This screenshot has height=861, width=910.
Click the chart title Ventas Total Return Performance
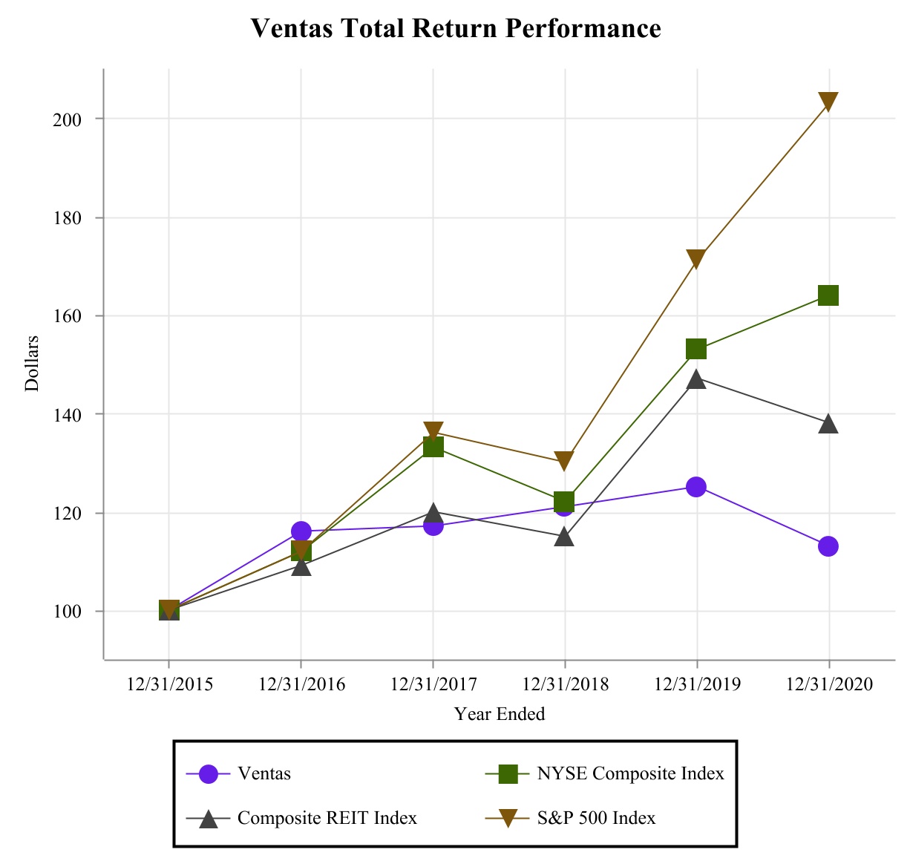pyautogui.click(x=455, y=29)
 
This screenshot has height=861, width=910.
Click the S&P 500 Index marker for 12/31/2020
pyautogui.click(x=828, y=102)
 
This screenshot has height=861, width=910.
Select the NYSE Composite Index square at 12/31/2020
pyautogui.click(x=828, y=295)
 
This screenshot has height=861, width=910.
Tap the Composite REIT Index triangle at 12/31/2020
pyautogui.click(x=828, y=424)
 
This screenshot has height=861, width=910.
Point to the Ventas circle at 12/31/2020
pyautogui.click(x=828, y=546)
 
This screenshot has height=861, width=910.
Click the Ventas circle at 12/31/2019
pyautogui.click(x=696, y=487)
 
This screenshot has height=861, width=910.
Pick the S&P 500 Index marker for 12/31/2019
pyautogui.click(x=696, y=259)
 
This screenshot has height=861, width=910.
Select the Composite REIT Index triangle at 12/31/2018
pyautogui.click(x=564, y=537)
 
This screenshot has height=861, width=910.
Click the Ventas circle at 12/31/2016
pyautogui.click(x=301, y=531)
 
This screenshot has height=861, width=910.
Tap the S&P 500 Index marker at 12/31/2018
pyautogui.click(x=564, y=461)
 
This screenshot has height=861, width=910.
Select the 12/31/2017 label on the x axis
pyautogui.click(x=433, y=684)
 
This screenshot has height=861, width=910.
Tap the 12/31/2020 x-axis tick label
pyautogui.click(x=829, y=684)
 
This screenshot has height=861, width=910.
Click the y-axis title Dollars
pyautogui.click(x=32, y=364)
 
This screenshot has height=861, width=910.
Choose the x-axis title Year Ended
pyautogui.click(x=500, y=714)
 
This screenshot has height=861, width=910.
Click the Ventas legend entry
pyautogui.click(x=264, y=773)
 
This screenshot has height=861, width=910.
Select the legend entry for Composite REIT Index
pyautogui.click(x=327, y=818)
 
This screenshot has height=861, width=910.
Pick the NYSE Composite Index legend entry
pyautogui.click(x=629, y=773)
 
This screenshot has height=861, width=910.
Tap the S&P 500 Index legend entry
pyautogui.click(x=596, y=818)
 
